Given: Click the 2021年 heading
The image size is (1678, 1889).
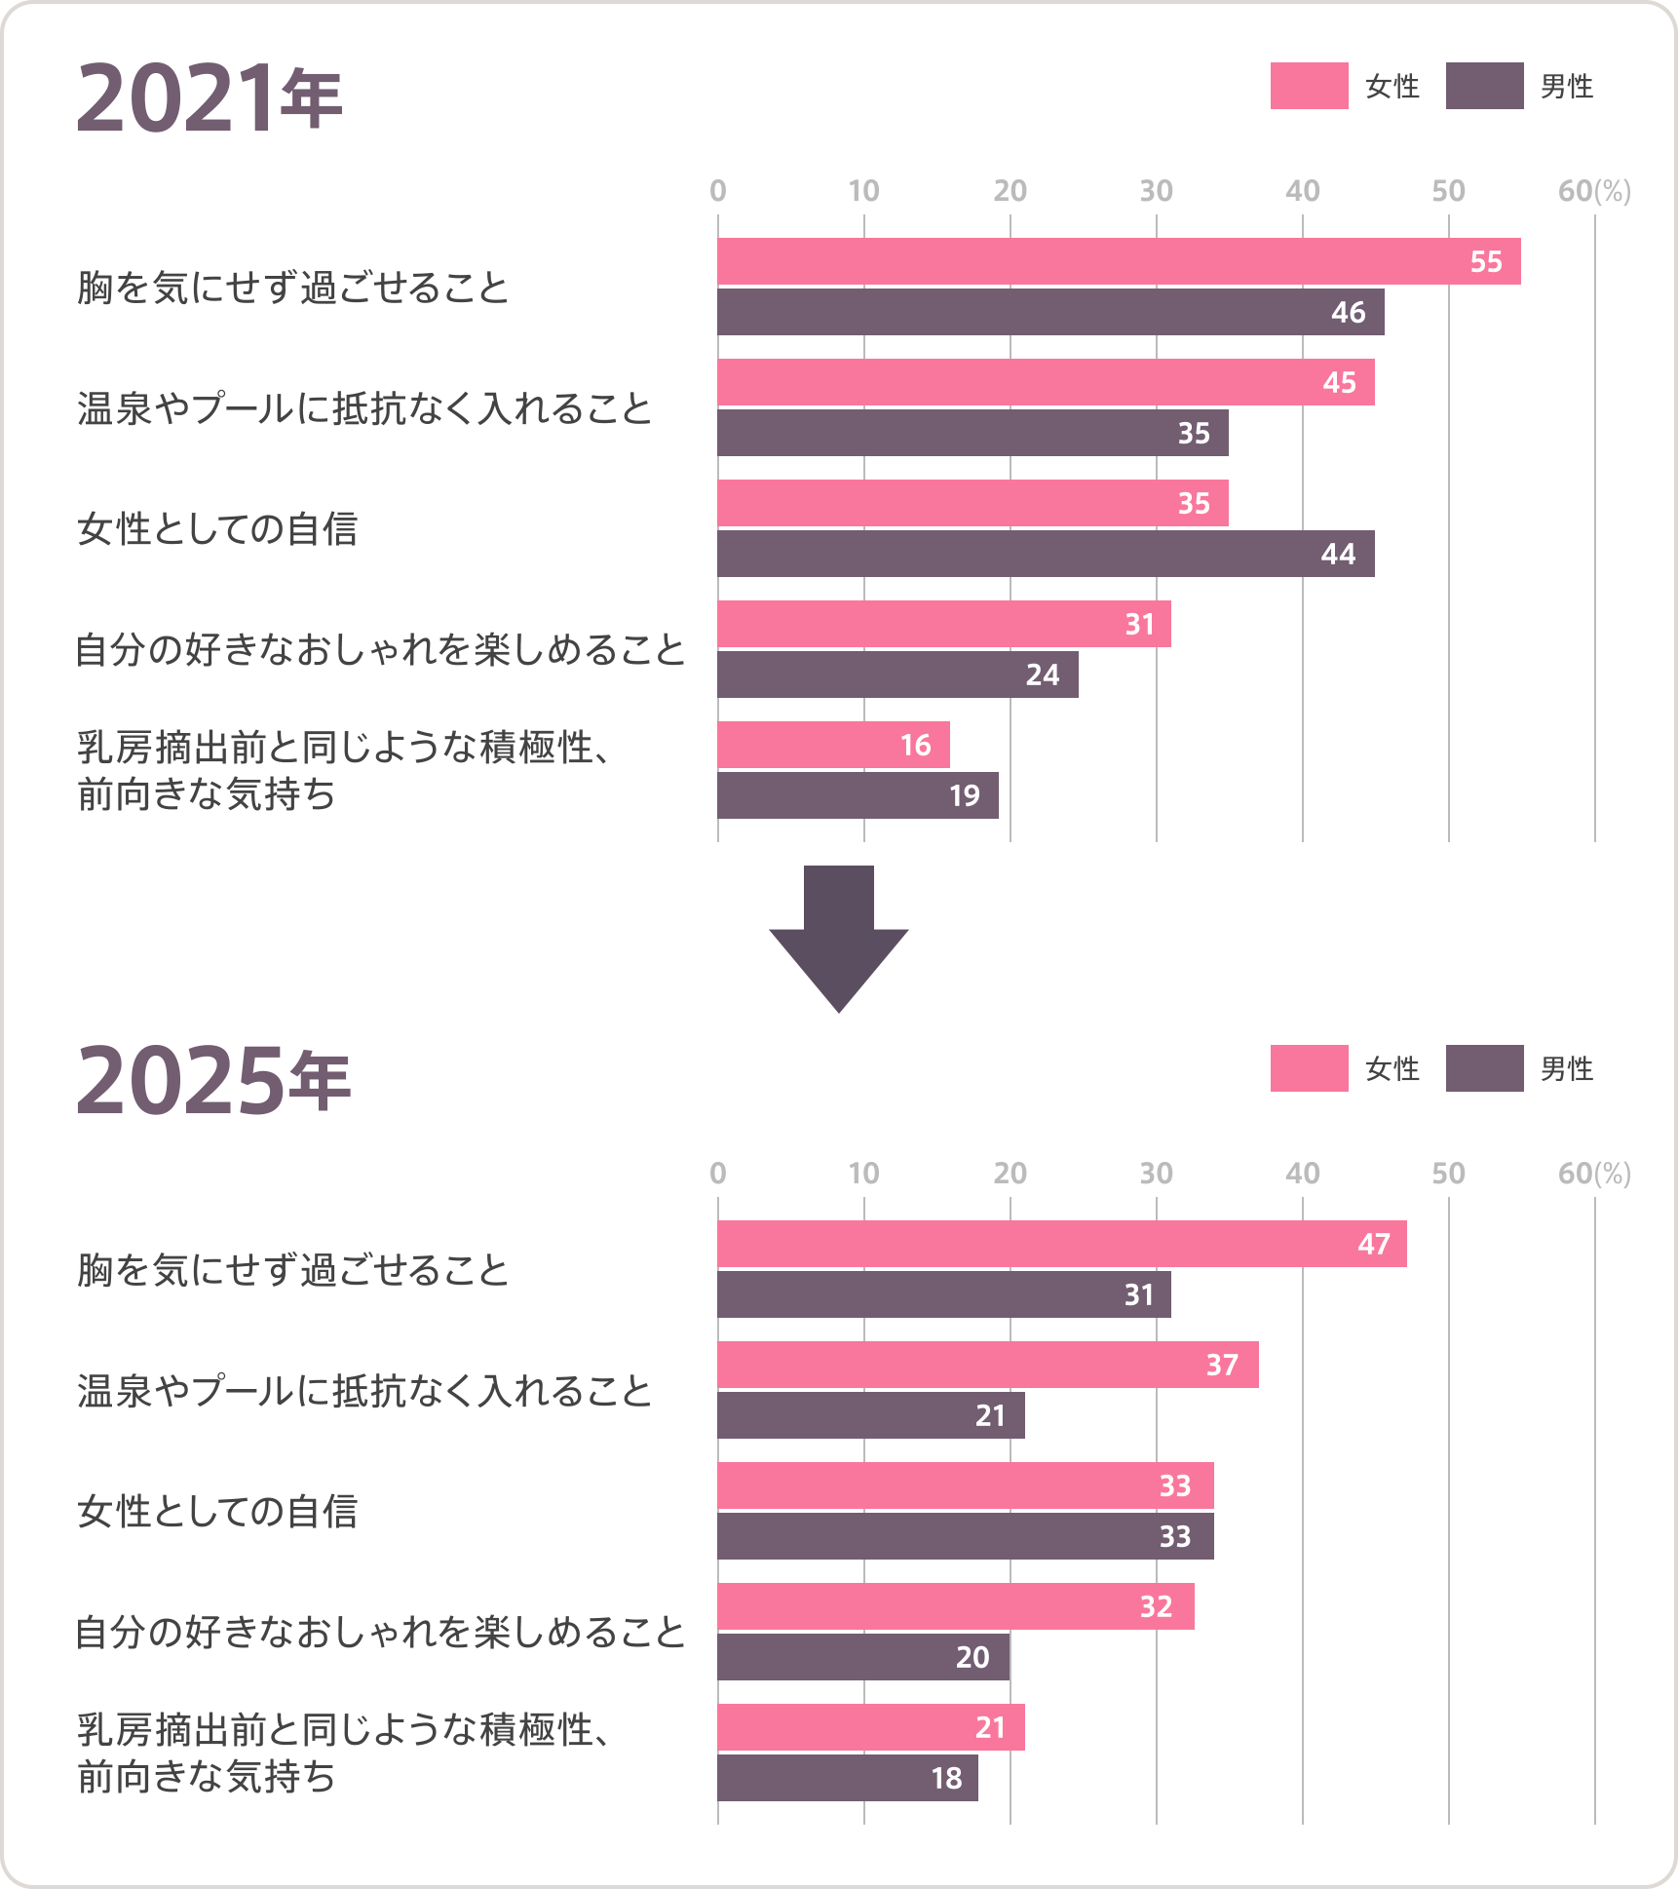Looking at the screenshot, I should pos(210,97).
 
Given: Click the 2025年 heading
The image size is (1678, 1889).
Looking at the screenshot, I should pos(212,1080).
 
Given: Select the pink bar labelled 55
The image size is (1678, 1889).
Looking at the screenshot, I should pos(1119,261).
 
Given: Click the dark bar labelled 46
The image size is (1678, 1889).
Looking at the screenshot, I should pos(1050,312).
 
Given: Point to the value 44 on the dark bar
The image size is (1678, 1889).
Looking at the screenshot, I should pos(1338,555).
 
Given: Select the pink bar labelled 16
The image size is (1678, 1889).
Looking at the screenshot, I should pos(833,745).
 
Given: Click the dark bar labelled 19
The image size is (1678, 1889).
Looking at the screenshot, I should pos(858,795).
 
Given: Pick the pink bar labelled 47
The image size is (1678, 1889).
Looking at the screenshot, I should pos(1062,1244).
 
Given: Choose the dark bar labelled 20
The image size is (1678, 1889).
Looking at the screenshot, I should pos(863,1657).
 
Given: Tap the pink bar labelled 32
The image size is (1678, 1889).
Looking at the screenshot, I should pos(955,1606).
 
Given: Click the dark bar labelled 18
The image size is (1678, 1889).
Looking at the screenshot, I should pos(848,1778).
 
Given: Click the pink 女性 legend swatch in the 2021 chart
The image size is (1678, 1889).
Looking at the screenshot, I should pos(1309,86).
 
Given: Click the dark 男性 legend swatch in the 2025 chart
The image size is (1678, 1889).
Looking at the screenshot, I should pos(1484,1068).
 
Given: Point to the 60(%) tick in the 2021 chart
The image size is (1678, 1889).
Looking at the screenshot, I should pos(1593,191).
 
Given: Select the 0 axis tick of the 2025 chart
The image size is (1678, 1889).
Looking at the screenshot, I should pos(718,1174).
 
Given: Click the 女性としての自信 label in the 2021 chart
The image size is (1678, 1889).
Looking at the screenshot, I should pos(217,529).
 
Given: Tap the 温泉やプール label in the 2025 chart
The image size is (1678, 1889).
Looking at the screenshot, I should pos(363,1391).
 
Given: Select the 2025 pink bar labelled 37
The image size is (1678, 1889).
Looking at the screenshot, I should pos(987,1365).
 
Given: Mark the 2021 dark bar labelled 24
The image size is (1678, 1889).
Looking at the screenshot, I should pos(897,675).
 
